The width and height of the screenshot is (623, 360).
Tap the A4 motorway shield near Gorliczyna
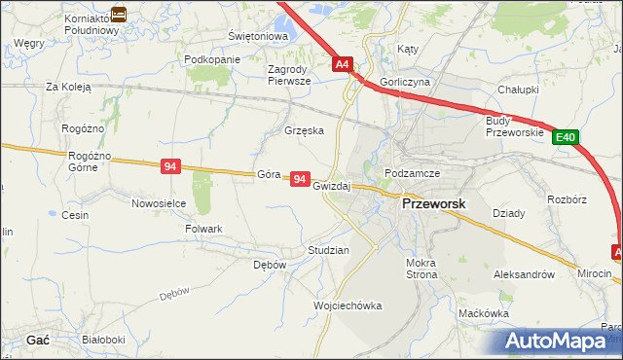(342, 64)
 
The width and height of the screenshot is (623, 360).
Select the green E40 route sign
(567, 138)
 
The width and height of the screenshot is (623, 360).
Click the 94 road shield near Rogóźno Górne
(170, 167)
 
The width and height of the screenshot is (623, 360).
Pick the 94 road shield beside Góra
(300, 180)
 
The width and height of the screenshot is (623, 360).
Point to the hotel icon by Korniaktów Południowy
(118, 14)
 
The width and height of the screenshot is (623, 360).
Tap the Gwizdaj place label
(331, 185)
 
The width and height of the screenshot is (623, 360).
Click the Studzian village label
(328, 250)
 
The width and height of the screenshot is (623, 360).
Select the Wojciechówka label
(348, 306)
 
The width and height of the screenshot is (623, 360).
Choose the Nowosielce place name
(159, 203)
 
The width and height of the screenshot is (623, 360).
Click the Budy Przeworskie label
(512, 126)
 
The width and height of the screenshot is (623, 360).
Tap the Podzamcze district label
(413, 173)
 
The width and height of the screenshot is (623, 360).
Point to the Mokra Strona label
(422, 269)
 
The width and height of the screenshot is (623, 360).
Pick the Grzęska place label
(303, 129)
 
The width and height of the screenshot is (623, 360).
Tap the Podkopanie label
(211, 59)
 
